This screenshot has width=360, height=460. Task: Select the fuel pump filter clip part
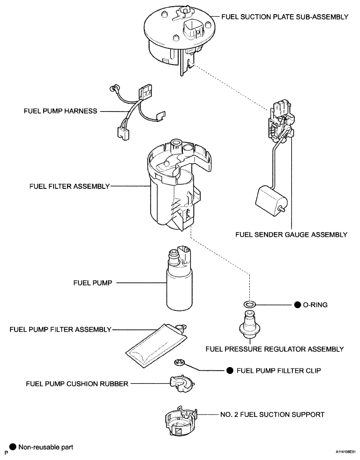coord(179,362)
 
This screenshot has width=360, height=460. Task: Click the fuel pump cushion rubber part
coord(181,383)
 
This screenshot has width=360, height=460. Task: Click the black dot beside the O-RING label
coord(298,305)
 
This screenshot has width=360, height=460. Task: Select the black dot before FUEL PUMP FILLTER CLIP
coord(230,371)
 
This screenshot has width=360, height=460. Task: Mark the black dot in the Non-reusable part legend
coord(12,447)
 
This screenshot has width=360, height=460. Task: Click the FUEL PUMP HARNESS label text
coord(60,111)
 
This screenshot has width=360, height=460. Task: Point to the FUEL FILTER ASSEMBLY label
coord(69,186)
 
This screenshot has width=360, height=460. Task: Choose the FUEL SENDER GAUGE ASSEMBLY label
coord(291,235)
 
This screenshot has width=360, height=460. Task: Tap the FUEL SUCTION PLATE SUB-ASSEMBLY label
coord(285,17)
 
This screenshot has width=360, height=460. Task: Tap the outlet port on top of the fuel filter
coord(176,144)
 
